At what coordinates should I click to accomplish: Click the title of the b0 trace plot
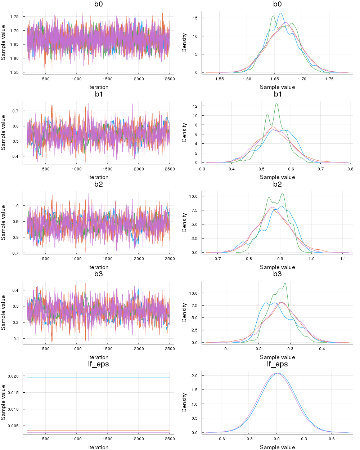(98, 4)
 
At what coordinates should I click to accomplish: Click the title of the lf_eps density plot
(277, 364)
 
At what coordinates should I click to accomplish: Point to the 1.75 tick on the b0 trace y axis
(14, 17)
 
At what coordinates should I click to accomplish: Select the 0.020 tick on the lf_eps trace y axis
(13, 376)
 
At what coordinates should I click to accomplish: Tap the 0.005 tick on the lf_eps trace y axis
(13, 426)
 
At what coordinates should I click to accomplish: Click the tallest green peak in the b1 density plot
(276, 104)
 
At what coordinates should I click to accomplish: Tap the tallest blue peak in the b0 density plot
(280, 14)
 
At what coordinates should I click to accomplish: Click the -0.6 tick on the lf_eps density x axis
(221, 439)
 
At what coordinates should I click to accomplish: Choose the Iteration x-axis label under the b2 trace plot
(98, 267)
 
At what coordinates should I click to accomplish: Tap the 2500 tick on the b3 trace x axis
(170, 349)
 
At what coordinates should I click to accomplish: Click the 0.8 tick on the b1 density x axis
(350, 169)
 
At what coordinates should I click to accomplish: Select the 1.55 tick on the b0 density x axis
(219, 79)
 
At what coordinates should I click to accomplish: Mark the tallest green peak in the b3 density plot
(285, 283)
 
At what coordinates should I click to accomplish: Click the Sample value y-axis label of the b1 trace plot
(4, 133)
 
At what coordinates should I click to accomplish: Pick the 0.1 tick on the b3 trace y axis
(16, 339)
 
